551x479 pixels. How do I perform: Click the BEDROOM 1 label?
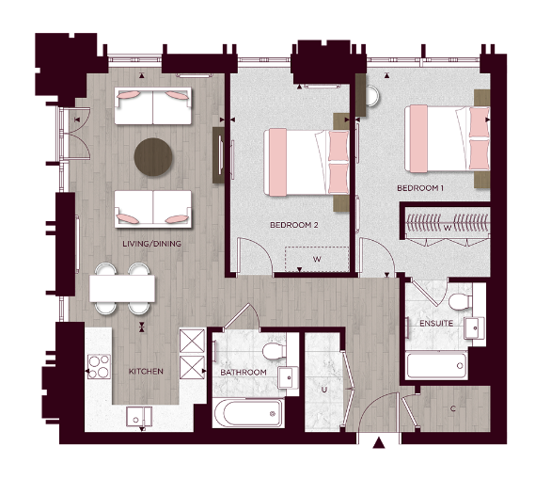pos(419,188)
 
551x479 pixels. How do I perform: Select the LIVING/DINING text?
pos(151,244)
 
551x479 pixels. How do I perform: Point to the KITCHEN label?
pos(145,371)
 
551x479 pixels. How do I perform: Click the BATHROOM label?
pos(244,373)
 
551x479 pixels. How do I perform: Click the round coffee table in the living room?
pos(152,157)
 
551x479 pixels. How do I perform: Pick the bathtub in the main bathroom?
pos(247,412)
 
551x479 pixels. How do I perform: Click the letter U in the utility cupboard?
pos(323,388)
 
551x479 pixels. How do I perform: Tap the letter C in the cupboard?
pos(453,408)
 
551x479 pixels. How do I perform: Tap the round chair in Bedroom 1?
pos(372,97)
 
